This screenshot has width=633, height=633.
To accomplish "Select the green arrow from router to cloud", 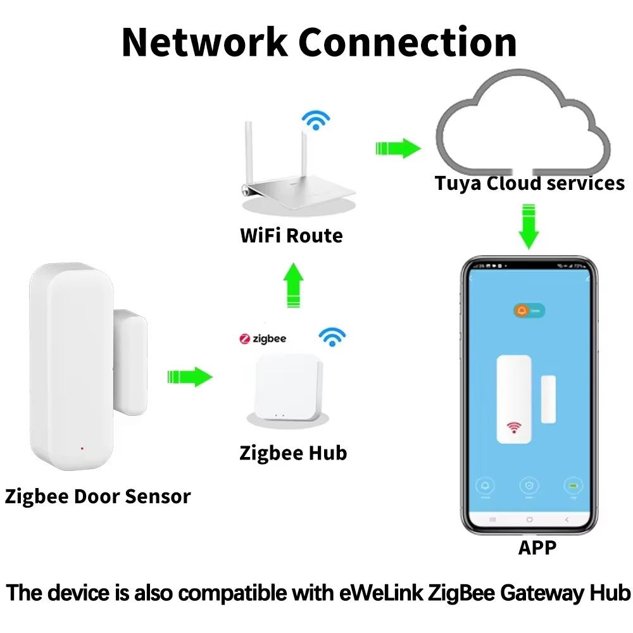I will (398, 149).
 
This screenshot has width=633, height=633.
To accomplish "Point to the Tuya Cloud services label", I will (529, 184).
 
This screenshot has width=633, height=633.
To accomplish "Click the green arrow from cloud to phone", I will (529, 225).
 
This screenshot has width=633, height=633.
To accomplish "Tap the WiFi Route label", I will (291, 235).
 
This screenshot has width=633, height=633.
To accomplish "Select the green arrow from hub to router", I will (292, 286).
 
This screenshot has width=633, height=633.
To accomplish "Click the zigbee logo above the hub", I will (263, 339).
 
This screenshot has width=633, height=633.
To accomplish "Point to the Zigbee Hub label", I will (293, 453).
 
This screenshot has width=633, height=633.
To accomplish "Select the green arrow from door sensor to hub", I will (189, 377).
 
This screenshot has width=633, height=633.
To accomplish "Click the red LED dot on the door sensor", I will (82, 448).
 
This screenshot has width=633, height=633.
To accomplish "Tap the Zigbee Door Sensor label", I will (97, 496).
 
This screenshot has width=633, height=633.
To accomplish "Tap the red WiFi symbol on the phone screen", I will (513, 429).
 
